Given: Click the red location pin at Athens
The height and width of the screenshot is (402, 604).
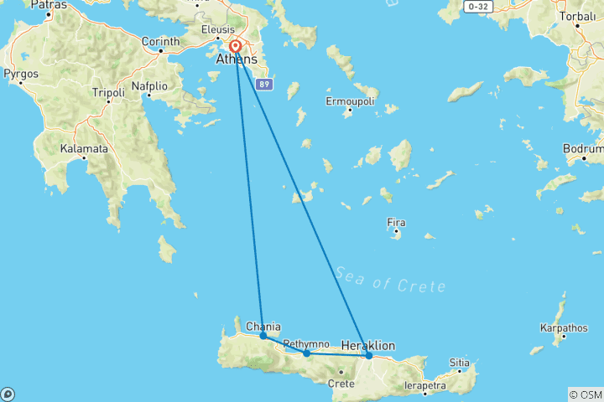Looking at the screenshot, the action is click(x=236, y=47).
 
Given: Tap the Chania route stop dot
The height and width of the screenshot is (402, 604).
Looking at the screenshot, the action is click(x=263, y=335).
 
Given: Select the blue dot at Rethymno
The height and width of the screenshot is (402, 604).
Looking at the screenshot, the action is click(x=306, y=353).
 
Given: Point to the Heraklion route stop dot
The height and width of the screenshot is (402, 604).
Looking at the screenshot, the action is click(x=369, y=355).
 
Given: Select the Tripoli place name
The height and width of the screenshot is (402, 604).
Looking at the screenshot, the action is click(x=108, y=91).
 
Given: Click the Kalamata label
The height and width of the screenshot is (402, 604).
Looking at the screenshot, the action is click(x=84, y=149).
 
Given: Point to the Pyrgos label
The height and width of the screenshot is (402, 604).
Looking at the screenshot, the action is click(x=22, y=74).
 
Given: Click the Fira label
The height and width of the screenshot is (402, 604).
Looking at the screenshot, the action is click(x=396, y=223).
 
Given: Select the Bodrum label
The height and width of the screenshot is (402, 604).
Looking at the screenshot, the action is click(x=584, y=149).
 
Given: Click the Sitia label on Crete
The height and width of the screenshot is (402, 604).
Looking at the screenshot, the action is click(x=460, y=363).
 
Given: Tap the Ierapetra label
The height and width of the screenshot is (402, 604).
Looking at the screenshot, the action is click(x=423, y=385).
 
